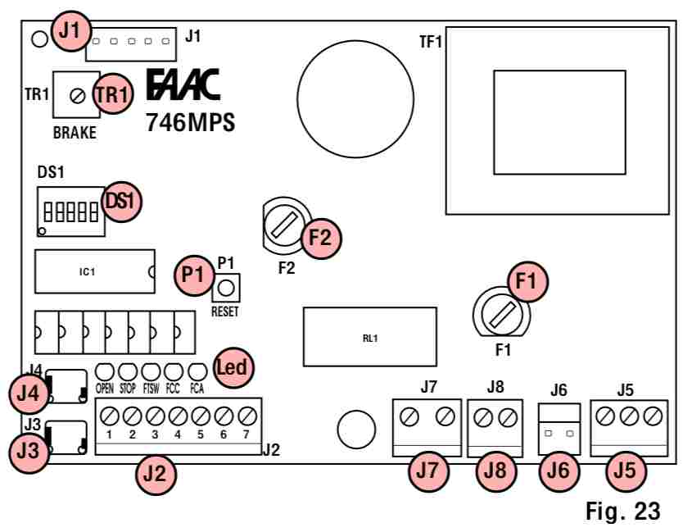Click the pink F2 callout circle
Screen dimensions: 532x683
319,237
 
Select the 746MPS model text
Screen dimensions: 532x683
190,123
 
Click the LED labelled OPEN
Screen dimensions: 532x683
106,370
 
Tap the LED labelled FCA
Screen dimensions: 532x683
197,370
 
